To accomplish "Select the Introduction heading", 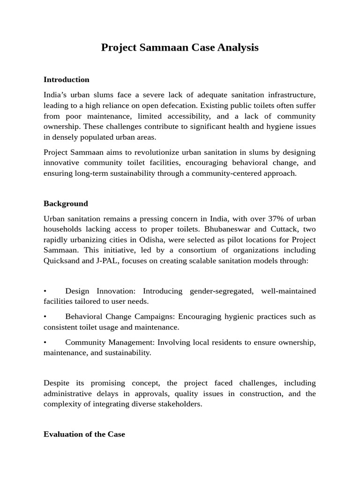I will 66,80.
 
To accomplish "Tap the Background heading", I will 66,203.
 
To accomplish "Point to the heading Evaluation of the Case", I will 84,434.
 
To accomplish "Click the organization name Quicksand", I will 61,260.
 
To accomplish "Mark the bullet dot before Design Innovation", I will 45,291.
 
